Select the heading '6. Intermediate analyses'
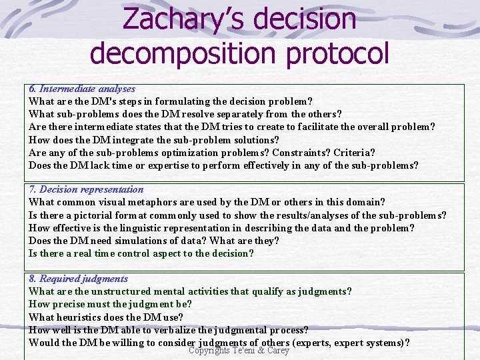click(82, 89)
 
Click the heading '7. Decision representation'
click(86, 189)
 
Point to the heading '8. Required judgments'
click(78, 279)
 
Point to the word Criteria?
click(354, 153)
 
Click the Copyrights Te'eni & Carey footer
click(239, 351)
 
